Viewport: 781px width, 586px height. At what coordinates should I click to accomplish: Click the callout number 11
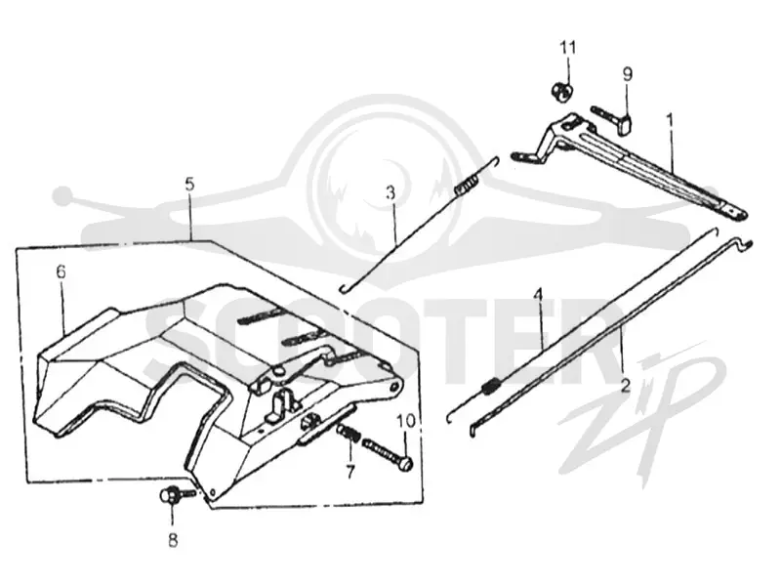coord(568,48)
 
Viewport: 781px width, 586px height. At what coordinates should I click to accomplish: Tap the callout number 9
coord(628,74)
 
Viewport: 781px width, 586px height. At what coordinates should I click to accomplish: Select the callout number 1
coord(670,120)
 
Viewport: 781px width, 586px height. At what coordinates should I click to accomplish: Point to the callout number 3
coord(391,191)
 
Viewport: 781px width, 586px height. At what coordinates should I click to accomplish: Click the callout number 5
coord(189,184)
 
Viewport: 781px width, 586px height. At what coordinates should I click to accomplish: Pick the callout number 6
coord(61,272)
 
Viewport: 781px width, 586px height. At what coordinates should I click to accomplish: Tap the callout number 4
coord(538,295)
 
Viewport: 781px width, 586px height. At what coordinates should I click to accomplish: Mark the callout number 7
coord(351,471)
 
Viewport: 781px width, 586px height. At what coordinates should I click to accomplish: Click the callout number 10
coord(406,421)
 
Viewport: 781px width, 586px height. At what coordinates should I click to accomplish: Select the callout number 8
coord(173,540)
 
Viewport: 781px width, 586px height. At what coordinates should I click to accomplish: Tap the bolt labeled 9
coord(612,119)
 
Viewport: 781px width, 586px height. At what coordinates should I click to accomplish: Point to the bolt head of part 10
coord(406,464)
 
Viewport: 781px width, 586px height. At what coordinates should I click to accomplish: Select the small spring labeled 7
coord(349,433)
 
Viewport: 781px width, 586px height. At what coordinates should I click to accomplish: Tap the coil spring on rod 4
coord(491,386)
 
